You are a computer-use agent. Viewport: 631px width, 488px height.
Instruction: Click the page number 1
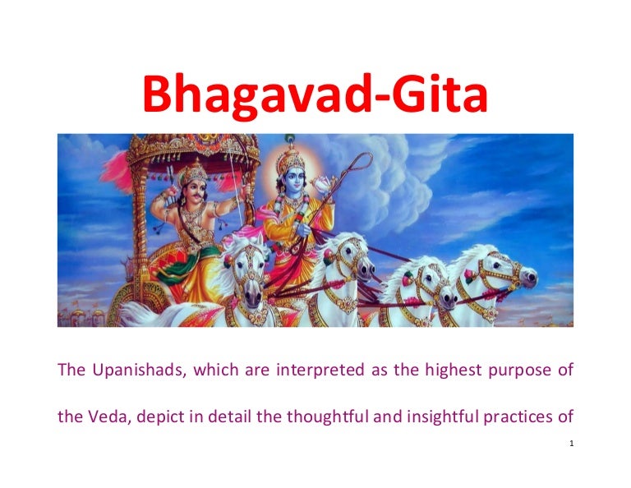pyautogui.click(x=570, y=444)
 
